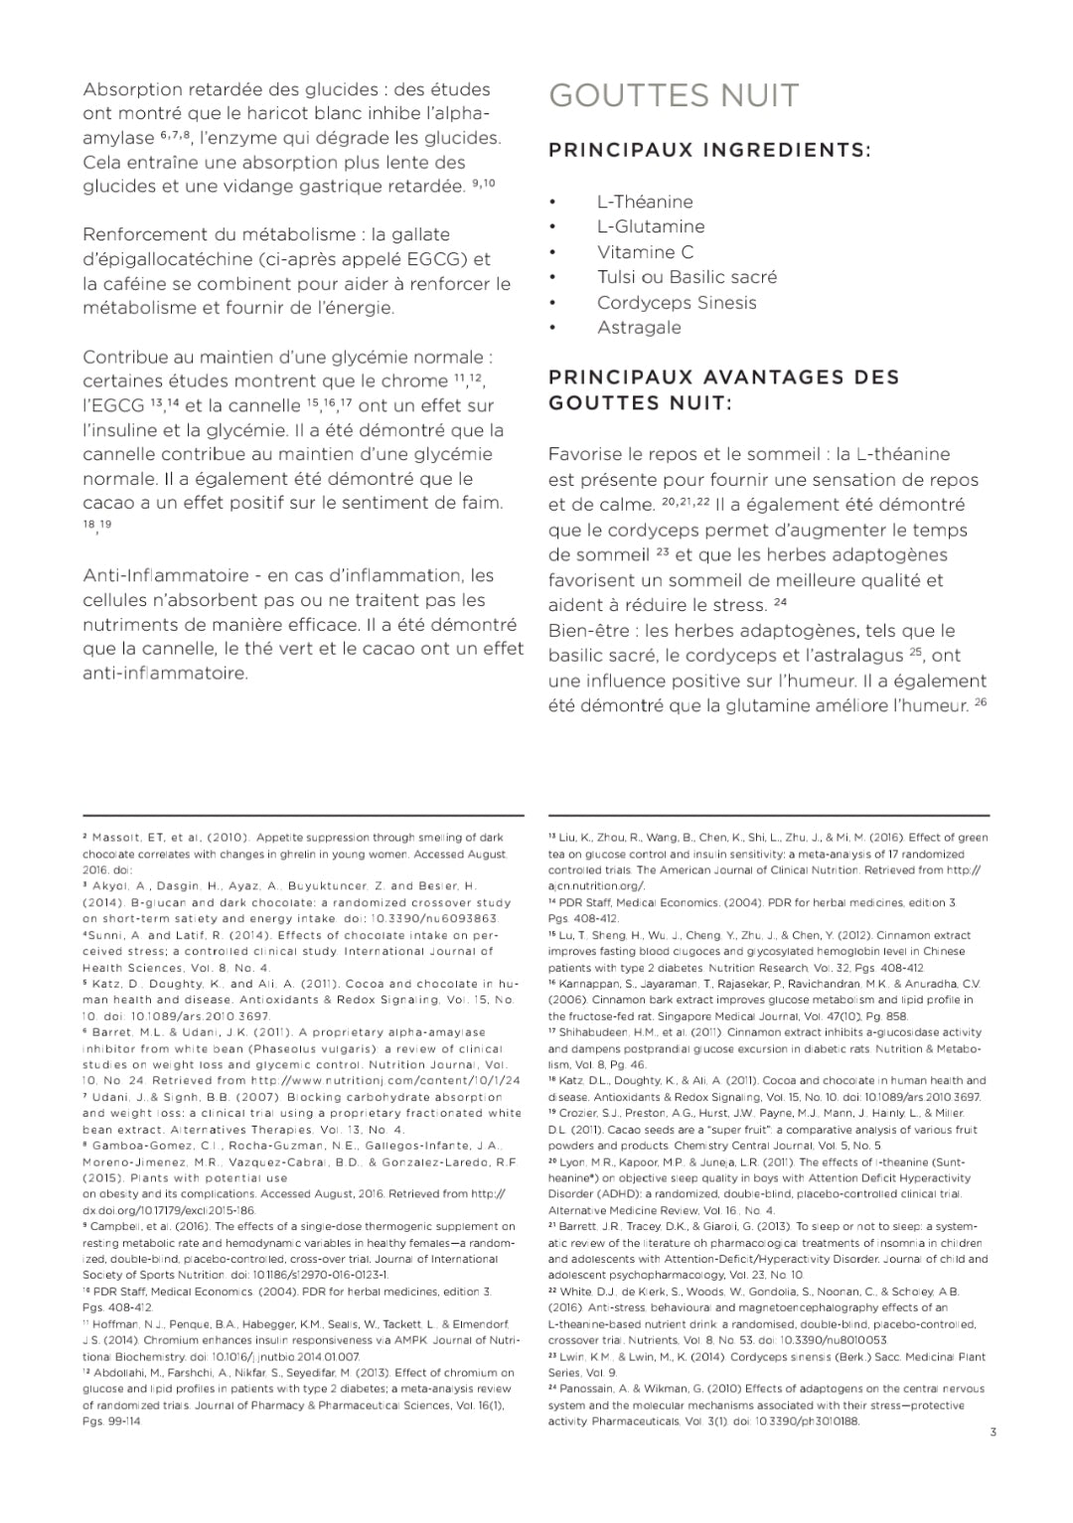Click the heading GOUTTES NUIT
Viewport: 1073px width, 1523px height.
tap(674, 95)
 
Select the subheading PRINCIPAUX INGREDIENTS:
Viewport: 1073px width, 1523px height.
tap(709, 150)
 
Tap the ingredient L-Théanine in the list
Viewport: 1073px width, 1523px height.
tap(645, 202)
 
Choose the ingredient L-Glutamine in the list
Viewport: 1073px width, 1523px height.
tap(651, 227)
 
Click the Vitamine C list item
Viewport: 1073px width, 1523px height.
tap(645, 252)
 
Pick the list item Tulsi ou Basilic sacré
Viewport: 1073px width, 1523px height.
tap(687, 277)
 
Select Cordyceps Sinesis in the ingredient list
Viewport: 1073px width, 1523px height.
tap(677, 303)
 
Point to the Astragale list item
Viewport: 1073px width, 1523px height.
tap(639, 328)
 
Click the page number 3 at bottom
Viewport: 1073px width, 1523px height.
tap(993, 1432)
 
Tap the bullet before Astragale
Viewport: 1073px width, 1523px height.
tap(552, 328)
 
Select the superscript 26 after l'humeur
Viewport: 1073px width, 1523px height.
tap(981, 702)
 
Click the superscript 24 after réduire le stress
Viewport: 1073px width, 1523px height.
tap(780, 602)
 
